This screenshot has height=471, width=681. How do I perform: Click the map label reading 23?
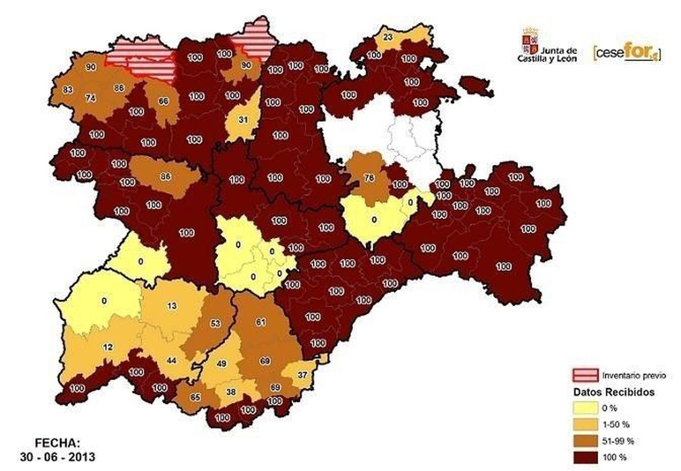[388, 37]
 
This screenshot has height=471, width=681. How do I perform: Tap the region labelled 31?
[243, 120]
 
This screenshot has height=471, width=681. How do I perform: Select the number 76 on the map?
[369, 178]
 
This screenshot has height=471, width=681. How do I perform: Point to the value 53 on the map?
[215, 323]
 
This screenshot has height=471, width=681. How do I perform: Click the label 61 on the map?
[260, 322]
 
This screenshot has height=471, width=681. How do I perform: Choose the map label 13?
[172, 305]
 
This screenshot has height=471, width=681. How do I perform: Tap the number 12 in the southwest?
[108, 347]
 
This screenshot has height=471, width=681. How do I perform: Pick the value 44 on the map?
[172, 360]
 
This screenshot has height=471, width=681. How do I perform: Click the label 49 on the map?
[221, 363]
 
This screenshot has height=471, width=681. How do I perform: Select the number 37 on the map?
[302, 375]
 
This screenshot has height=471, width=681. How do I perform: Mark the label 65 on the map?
[195, 397]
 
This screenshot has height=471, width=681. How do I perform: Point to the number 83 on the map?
[67, 90]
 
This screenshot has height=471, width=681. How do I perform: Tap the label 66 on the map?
[163, 101]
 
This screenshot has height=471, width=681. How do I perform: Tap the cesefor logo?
[626, 53]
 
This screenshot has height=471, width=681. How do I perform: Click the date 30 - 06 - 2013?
[57, 457]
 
